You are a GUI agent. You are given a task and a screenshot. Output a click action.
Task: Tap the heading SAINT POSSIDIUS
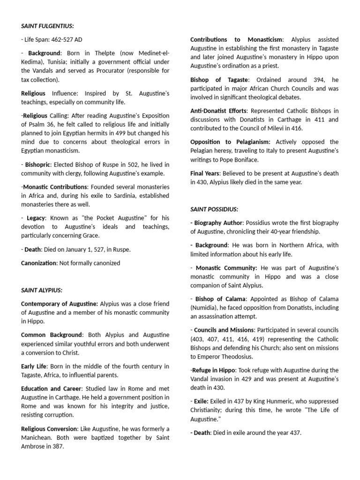point(214,209)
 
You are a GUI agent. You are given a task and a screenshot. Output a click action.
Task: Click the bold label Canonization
point(38,263)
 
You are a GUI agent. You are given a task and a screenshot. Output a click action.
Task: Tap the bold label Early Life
point(34,366)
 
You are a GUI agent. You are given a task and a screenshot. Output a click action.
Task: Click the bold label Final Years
point(206,173)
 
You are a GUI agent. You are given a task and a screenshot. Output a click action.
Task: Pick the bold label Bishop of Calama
point(221,299)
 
